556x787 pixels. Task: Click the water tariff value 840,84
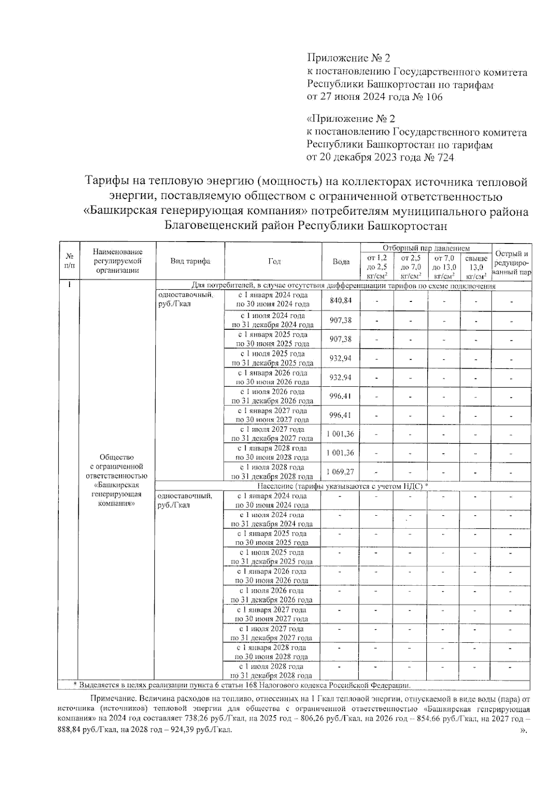click(x=341, y=301)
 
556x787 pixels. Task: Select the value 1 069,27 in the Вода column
click(x=341, y=472)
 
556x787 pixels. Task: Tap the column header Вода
click(x=341, y=262)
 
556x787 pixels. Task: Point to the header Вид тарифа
click(x=190, y=262)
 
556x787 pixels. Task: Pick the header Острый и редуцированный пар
click(x=512, y=262)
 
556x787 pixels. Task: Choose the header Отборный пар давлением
click(x=426, y=249)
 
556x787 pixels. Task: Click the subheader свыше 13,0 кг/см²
click(x=476, y=267)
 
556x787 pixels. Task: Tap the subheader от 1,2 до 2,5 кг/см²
click(x=377, y=267)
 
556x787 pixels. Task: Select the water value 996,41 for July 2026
click(x=341, y=396)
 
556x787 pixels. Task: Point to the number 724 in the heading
click(x=444, y=157)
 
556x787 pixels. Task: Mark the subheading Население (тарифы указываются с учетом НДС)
click(x=342, y=486)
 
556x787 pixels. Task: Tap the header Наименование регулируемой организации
click(x=118, y=261)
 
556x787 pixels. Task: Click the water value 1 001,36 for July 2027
click(x=341, y=434)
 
